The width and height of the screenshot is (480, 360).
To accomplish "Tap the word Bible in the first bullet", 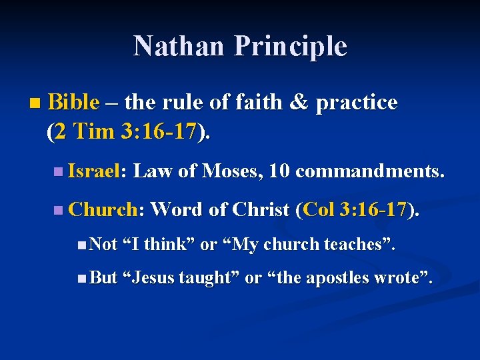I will [x=73, y=102].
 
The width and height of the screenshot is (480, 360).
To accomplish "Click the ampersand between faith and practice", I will [x=299, y=102].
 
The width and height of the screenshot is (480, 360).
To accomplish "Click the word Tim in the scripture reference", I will [x=96, y=131].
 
